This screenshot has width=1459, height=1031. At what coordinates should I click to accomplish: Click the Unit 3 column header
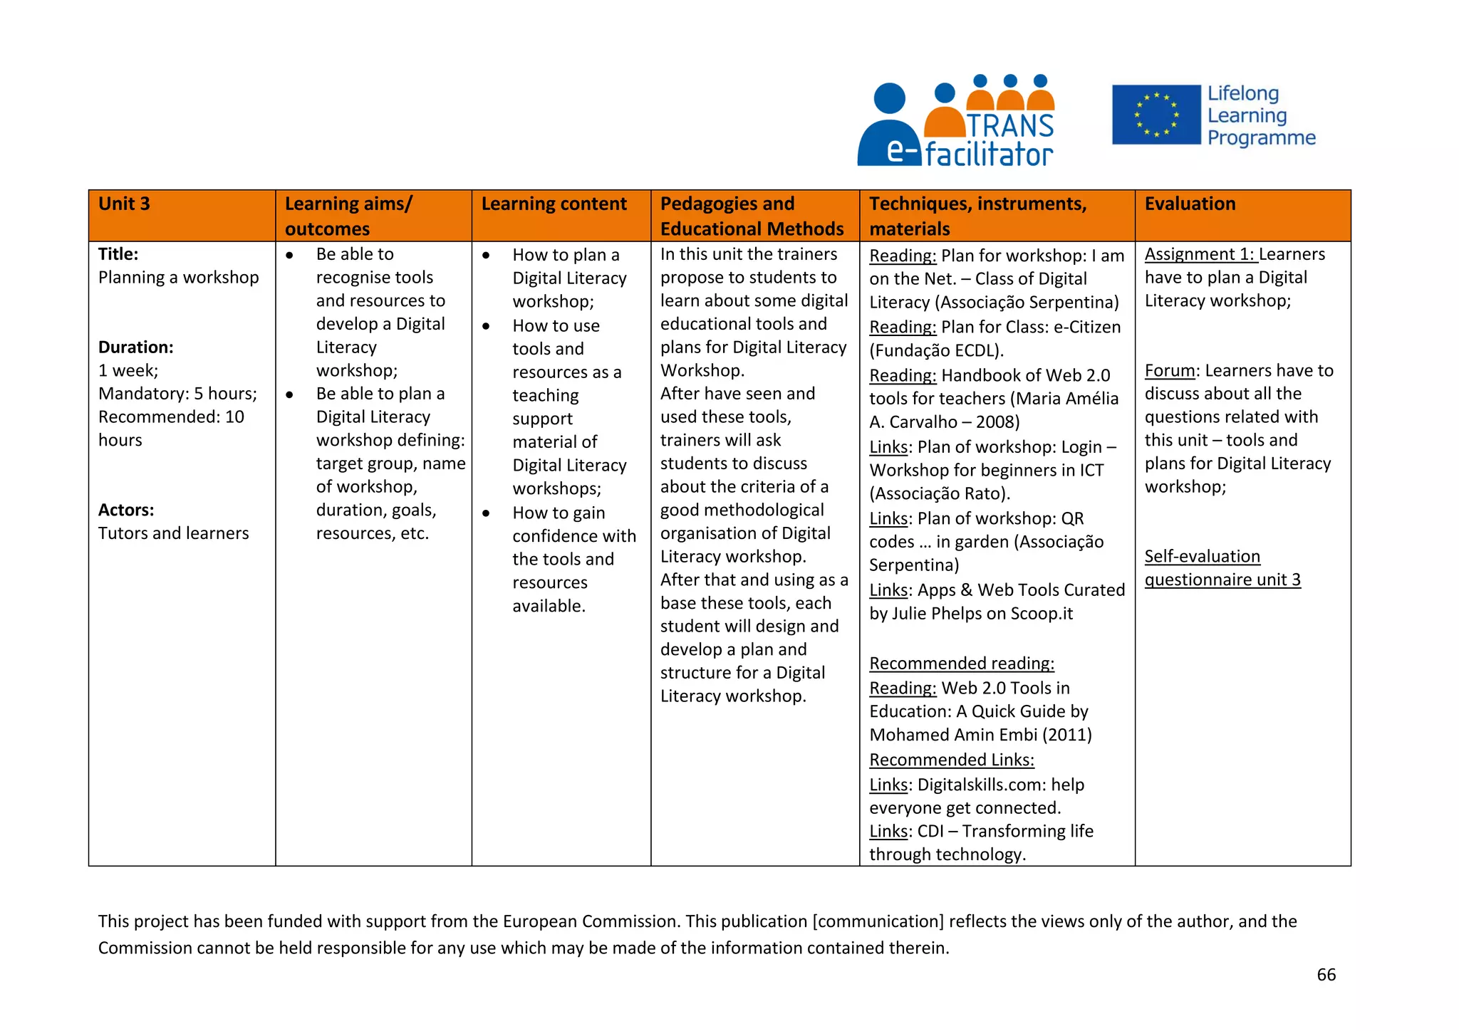[124, 204]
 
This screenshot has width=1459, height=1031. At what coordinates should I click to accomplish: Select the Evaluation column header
[1189, 204]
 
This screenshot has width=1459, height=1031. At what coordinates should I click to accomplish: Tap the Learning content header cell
[554, 204]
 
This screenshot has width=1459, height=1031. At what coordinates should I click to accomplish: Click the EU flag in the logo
[1156, 115]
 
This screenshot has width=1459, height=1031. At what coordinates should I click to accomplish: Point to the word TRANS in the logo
[1010, 126]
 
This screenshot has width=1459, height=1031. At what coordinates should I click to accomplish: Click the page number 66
[1326, 975]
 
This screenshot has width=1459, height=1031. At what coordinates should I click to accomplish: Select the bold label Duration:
[135, 347]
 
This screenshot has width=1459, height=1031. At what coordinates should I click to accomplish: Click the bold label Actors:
[126, 510]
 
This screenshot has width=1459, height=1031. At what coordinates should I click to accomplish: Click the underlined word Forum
[1170, 371]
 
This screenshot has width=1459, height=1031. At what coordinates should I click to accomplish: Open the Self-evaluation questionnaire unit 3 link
[1221, 568]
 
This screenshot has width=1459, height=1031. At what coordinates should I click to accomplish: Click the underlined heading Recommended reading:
[961, 664]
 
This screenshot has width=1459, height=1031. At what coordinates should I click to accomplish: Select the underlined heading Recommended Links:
[951, 760]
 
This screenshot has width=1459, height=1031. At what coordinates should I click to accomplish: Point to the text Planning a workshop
[178, 278]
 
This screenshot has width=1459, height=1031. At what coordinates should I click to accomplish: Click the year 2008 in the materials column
[995, 422]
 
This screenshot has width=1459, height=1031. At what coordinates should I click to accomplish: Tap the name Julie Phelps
[936, 614]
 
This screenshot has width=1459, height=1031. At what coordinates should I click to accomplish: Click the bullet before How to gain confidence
[486, 513]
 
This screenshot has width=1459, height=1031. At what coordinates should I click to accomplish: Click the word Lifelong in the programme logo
[1242, 94]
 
